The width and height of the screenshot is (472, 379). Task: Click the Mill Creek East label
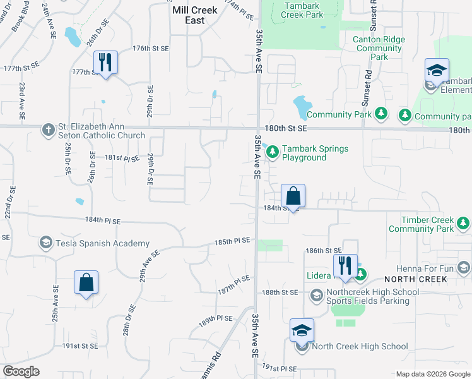point(195,15)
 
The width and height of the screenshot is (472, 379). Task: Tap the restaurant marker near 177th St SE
point(105,63)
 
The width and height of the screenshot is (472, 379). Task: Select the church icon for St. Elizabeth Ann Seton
point(48,130)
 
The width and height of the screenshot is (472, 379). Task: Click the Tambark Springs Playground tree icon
point(273,152)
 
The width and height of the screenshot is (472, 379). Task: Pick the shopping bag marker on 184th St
point(293,196)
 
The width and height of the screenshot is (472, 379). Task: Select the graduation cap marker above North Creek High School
point(302,330)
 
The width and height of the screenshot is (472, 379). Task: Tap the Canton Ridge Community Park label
point(379,48)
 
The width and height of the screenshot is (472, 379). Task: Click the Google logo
point(21,371)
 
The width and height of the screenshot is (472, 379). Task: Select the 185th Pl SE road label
point(233,241)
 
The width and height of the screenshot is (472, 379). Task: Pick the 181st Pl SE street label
point(121,158)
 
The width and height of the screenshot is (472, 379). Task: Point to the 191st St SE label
point(80,346)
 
